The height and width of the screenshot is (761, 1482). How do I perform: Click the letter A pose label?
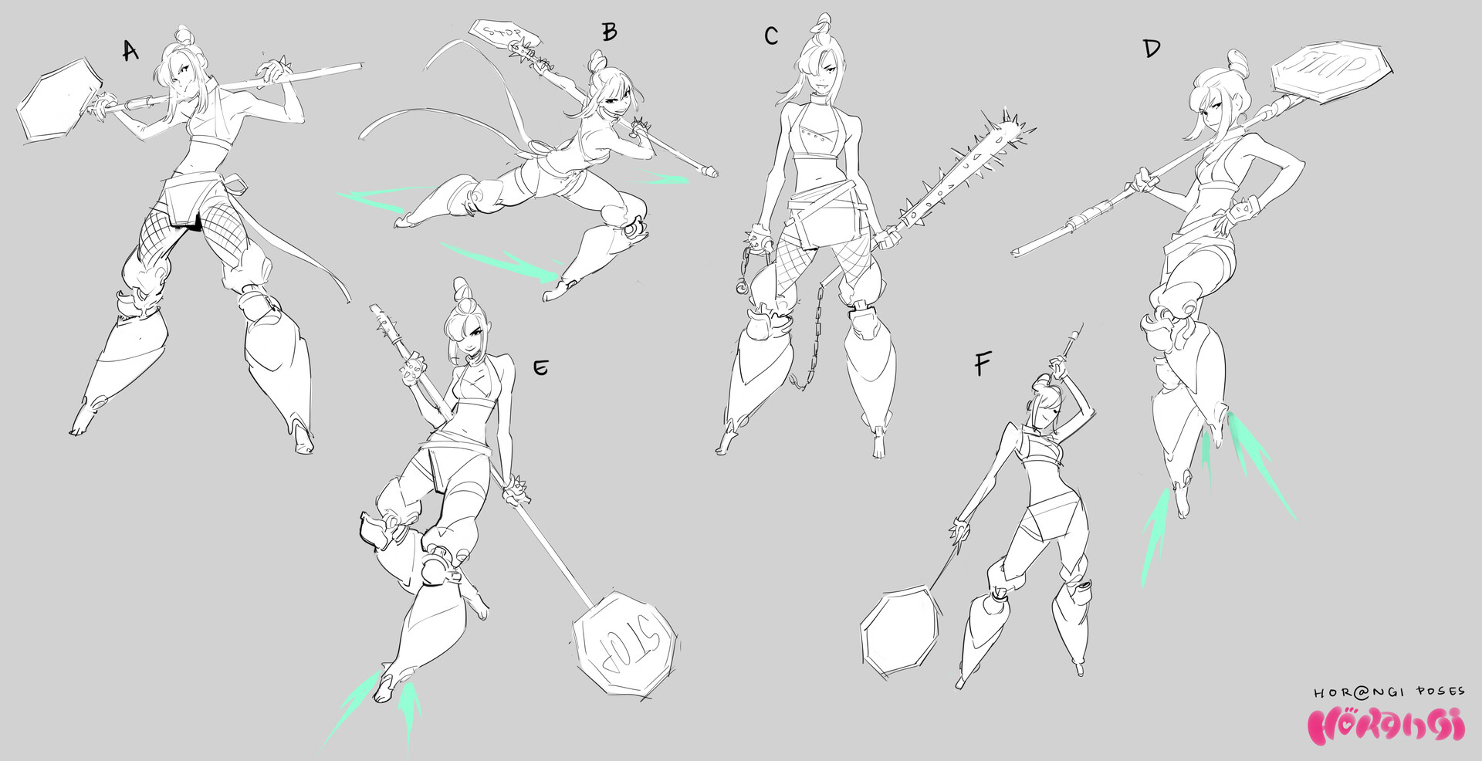130,51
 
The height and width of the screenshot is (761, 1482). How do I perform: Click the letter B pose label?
610,32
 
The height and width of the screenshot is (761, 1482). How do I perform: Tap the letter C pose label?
771,36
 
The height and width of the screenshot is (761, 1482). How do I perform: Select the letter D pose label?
1152,49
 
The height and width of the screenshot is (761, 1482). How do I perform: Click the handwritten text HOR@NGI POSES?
1389,693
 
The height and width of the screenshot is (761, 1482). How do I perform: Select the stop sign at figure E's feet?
625,638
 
